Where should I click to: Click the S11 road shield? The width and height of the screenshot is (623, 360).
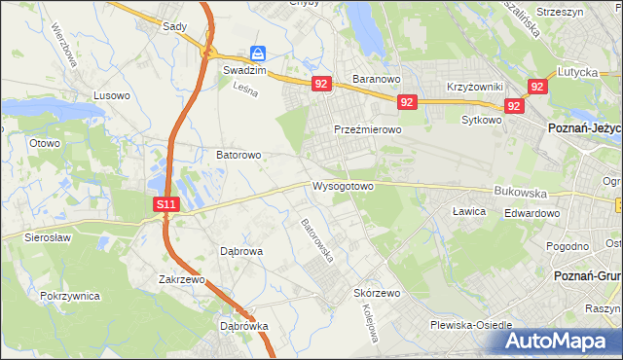(x=166, y=204)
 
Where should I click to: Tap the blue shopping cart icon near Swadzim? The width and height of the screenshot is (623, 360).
(x=257, y=53)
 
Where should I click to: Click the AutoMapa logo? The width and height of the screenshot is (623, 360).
(x=560, y=342)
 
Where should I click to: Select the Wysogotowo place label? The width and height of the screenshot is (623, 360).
(x=343, y=185)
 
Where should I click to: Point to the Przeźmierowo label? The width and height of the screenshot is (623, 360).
(x=367, y=128)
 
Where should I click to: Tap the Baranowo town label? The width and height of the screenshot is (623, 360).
(x=377, y=79)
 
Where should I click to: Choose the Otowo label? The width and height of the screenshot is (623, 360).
(x=45, y=143)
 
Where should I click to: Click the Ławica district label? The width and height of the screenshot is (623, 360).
(x=469, y=210)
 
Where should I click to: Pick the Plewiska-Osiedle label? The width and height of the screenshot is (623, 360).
(x=476, y=326)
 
